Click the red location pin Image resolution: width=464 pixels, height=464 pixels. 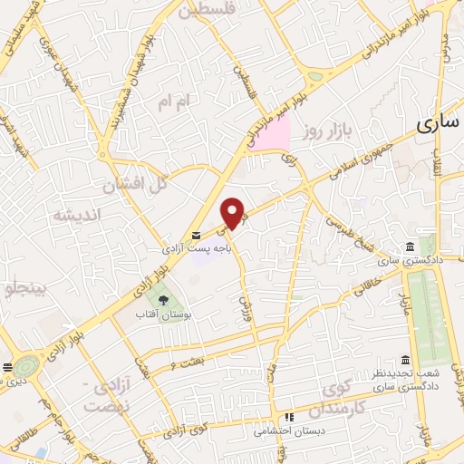click(234, 212)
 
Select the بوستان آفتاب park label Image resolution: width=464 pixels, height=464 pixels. click(163, 314)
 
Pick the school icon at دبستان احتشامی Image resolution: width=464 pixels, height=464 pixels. click(289, 417)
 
